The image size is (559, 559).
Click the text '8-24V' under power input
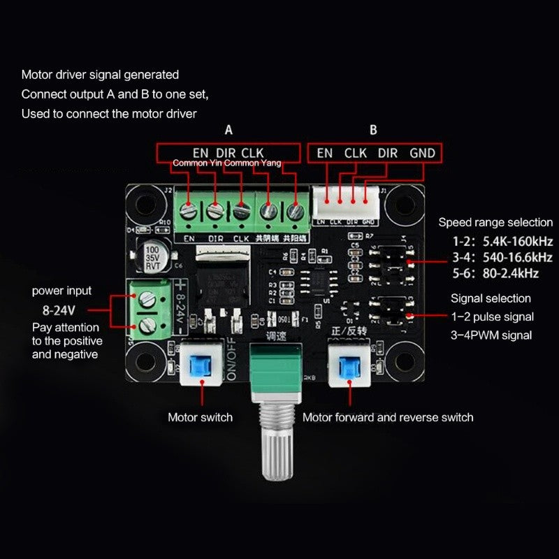click(57, 309)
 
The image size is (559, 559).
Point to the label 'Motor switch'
click(200, 417)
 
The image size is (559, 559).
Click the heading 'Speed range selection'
click(495, 222)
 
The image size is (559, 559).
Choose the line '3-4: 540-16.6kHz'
click(501, 258)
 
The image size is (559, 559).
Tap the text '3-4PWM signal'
click(491, 335)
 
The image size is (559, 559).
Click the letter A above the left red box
click(228, 130)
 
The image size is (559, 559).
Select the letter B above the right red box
click(373, 130)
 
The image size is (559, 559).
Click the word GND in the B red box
click(422, 152)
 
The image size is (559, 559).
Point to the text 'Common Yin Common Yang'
click(226, 164)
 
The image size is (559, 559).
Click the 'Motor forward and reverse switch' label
click(388, 417)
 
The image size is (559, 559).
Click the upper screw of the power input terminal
click(147, 298)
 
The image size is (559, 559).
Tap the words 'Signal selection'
click(491, 298)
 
